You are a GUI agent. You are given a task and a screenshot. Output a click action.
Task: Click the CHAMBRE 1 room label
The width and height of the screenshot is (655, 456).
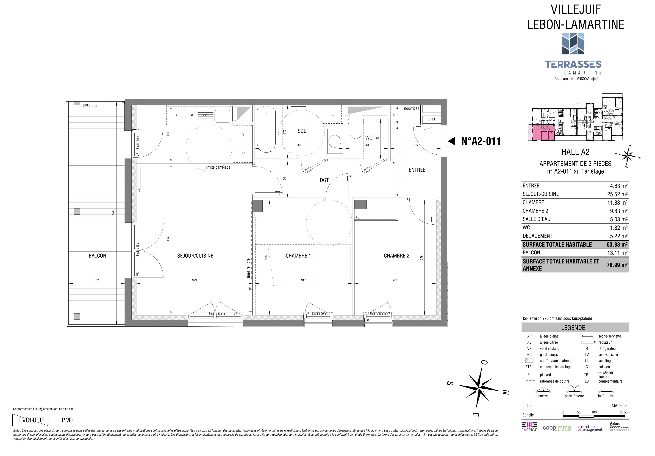(x=298, y=256)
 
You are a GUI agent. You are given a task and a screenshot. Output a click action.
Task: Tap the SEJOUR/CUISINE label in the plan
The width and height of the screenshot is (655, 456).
(x=195, y=256)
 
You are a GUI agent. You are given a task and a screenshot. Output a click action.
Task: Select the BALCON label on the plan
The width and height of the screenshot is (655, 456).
(x=97, y=256)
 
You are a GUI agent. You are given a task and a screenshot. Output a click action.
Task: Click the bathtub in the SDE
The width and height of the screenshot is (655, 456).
(x=266, y=130)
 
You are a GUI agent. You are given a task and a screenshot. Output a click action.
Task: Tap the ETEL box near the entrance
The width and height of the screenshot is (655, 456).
(x=432, y=119)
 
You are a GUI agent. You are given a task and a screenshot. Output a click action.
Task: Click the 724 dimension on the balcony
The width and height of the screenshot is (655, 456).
(x=113, y=213)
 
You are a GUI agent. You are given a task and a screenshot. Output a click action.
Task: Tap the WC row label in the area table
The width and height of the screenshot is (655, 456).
(x=526, y=228)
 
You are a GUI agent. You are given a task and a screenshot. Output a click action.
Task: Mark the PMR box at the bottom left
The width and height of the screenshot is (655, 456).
(x=68, y=420)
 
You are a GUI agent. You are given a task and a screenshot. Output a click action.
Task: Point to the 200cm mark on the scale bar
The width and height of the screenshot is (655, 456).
(x=625, y=412)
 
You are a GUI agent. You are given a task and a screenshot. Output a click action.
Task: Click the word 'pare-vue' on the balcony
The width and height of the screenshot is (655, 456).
(x=90, y=105)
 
